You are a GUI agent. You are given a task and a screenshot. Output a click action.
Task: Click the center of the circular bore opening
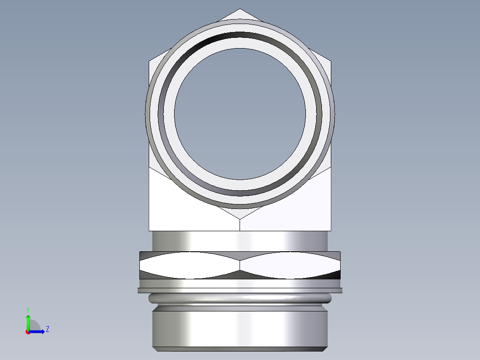tap(240, 114)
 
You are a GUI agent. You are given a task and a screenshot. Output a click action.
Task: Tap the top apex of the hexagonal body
tap(240, 9)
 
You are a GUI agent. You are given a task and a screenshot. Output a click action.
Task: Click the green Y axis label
tap(28, 309)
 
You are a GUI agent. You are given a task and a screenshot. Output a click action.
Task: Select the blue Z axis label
tap(48, 329)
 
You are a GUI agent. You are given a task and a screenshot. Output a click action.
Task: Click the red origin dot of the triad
tap(28, 332)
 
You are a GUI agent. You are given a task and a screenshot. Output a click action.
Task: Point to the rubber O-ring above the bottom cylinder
tap(240, 298)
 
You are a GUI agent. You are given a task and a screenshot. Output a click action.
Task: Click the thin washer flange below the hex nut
tap(240, 290)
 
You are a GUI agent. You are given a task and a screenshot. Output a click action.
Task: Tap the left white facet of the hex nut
tap(189, 265)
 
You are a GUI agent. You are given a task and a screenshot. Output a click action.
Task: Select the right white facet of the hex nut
tap(289, 265)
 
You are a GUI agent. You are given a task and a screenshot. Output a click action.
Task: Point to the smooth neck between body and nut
tap(240, 241)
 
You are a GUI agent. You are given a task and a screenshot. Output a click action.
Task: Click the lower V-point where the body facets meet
tap(240, 219)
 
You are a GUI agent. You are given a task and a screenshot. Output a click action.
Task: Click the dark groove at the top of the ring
tap(240, 37)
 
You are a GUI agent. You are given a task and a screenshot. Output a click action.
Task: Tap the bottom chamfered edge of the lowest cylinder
tap(240, 349)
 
